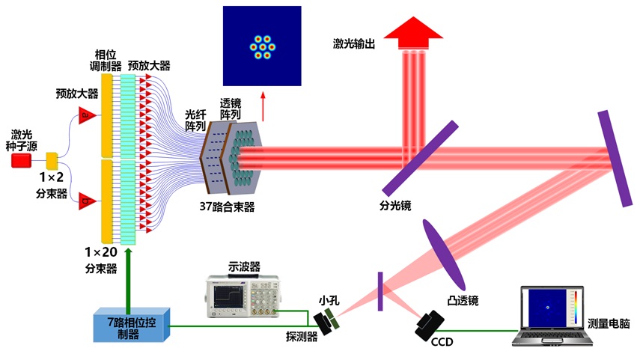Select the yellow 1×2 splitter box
pyautogui.click(x=52, y=161)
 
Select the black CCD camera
pyautogui.click(x=429, y=323)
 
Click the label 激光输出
pyautogui.click(x=354, y=43)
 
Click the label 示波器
pyautogui.click(x=242, y=266)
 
